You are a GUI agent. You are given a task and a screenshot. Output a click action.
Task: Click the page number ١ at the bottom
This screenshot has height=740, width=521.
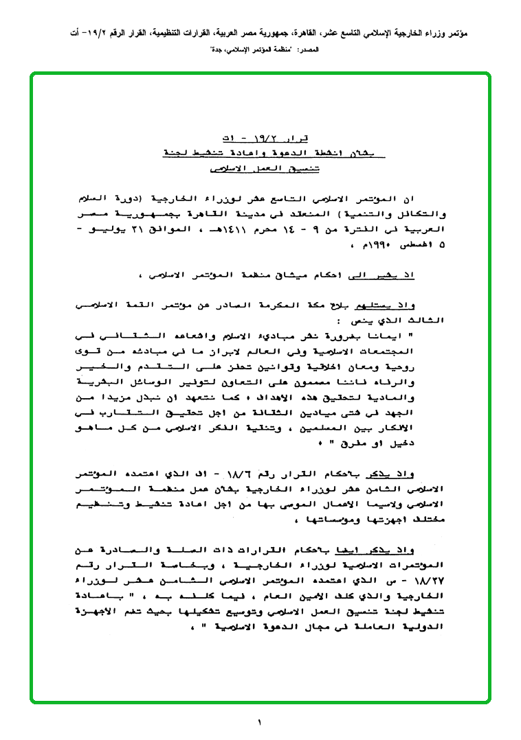coord(260,721)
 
